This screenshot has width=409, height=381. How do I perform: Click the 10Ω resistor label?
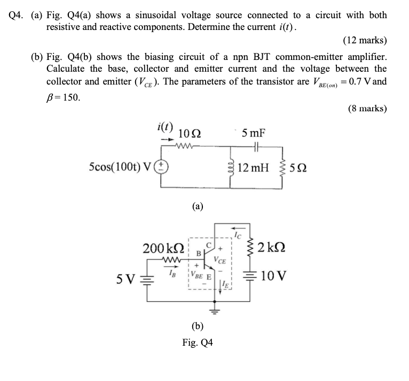190,133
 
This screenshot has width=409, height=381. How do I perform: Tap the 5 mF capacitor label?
254,133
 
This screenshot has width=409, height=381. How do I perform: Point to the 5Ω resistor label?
297,170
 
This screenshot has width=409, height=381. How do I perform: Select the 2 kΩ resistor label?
274,248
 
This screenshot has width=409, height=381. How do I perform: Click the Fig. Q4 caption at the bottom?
197,342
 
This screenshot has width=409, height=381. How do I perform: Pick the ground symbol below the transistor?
216,311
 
